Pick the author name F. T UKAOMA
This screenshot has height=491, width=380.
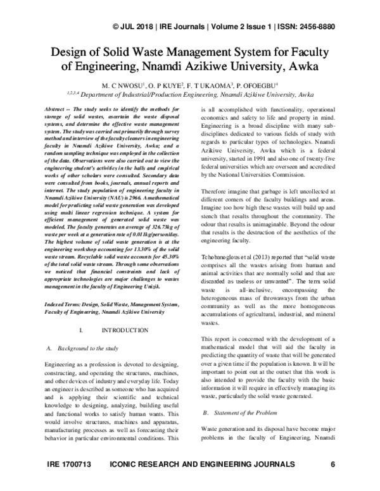click(213, 84)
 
